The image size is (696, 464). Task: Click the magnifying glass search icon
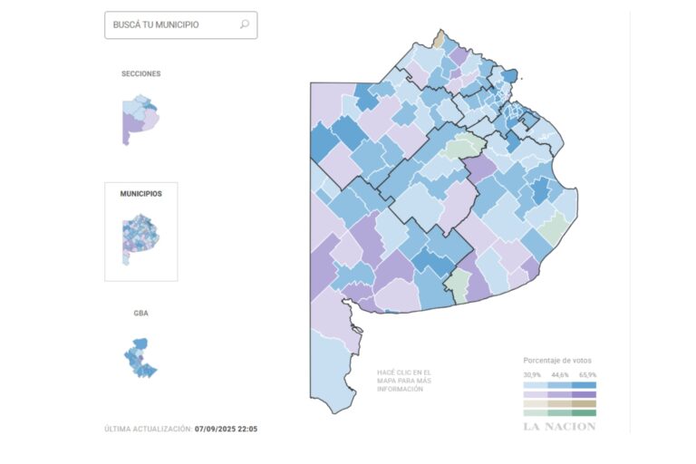(244, 25)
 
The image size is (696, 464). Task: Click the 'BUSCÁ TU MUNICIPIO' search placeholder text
(156, 25)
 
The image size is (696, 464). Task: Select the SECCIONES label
(141, 73)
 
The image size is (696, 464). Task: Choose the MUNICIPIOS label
(141, 194)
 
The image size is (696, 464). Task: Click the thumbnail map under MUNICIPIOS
(140, 238)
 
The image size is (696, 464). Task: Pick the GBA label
(141, 313)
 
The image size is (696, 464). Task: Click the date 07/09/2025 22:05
(226, 429)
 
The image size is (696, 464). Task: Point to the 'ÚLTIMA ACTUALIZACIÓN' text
(147, 429)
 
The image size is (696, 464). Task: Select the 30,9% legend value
(532, 373)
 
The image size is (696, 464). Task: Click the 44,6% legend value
(559, 373)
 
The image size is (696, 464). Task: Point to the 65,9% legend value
(586, 373)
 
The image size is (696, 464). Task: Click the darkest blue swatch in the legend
(585, 383)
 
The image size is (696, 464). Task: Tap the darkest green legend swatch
(585, 413)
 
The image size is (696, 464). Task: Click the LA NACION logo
(559, 427)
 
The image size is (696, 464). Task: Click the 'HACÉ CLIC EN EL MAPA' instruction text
(405, 381)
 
